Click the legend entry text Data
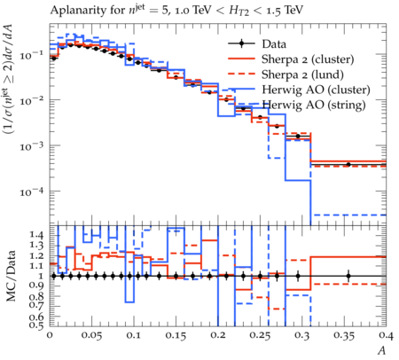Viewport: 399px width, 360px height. [274, 44]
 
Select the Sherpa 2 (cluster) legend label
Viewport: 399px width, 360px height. [308, 59]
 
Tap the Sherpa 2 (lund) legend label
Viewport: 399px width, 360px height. [302, 74]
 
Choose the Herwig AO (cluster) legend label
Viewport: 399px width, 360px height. [316, 90]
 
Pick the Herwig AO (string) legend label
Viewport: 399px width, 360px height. [314, 105]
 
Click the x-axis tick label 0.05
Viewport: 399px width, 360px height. [91, 335]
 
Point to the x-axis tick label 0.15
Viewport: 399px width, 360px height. [176, 335]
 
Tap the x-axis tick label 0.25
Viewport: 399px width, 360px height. [260, 335]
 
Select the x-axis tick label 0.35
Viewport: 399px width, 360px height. [344, 335]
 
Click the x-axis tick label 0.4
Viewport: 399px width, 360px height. [387, 335]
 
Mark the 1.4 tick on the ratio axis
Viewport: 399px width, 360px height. [37, 236]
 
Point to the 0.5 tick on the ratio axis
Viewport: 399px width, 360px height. [37, 325]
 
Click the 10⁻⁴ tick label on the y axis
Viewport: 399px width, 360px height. [31, 192]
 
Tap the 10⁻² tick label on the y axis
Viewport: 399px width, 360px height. [31, 101]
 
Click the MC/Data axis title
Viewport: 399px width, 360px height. [12, 276]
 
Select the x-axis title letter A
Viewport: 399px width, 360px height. [382, 350]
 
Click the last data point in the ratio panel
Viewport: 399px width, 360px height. [348, 276]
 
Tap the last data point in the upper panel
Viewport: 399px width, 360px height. [348, 164]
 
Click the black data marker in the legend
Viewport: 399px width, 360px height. [241, 43]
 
